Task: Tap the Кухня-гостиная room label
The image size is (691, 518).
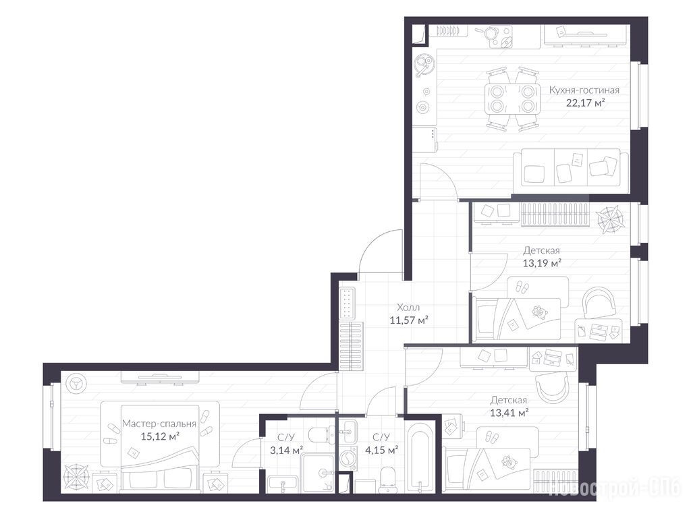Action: click(x=584, y=90)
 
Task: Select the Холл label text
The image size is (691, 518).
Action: click(x=408, y=307)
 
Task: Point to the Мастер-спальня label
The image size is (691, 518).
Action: click(x=159, y=424)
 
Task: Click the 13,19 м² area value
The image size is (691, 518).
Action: click(x=542, y=264)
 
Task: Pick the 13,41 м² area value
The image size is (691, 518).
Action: click(x=509, y=413)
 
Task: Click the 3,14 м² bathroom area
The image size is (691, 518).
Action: click(x=286, y=450)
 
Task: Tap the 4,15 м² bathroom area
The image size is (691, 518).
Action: click(x=382, y=450)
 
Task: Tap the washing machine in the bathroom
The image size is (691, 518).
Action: click(x=348, y=459)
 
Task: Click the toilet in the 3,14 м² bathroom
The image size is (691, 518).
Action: click(x=320, y=435)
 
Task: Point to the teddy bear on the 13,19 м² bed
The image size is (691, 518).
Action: click(x=538, y=312)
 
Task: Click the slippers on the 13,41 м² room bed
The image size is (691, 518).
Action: click(x=492, y=438)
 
